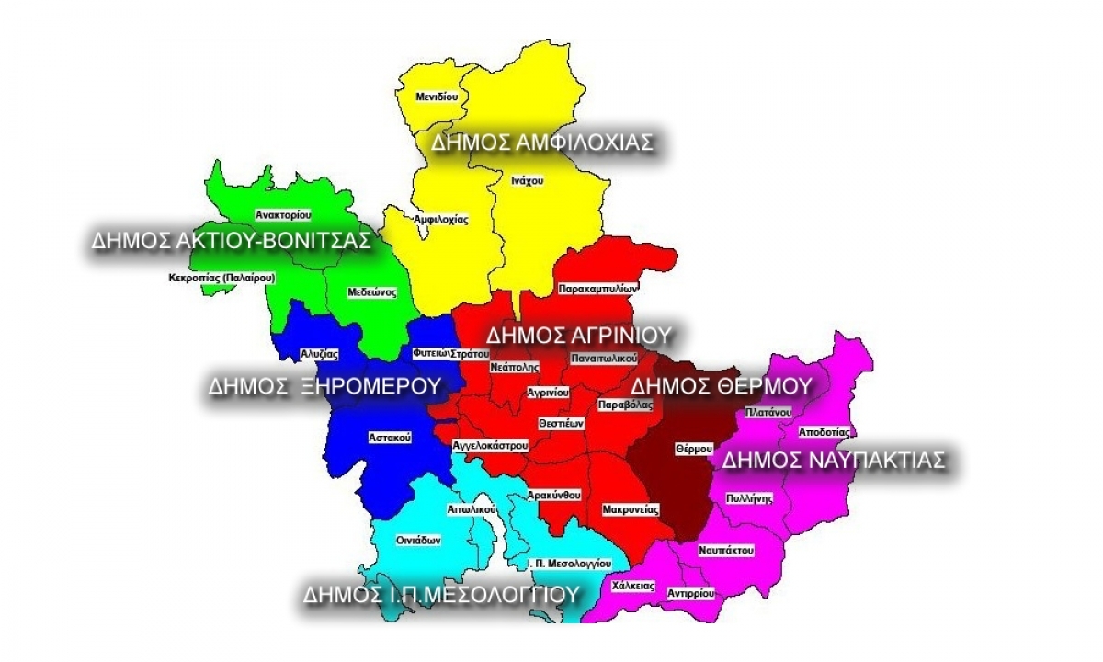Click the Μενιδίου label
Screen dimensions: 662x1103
click(437, 97)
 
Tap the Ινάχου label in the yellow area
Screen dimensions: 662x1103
click(528, 181)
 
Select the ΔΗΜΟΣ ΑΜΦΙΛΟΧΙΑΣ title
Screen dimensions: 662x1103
click(542, 143)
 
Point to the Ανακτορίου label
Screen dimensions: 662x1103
click(283, 214)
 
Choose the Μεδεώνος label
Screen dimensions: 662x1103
click(372, 292)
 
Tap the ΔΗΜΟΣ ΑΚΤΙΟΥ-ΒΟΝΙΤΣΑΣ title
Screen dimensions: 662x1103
click(231, 241)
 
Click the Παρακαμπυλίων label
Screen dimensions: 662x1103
click(597, 289)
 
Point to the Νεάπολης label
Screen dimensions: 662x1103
click(514, 366)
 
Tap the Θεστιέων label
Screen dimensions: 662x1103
click(562, 423)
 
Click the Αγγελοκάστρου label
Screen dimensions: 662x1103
click(490, 445)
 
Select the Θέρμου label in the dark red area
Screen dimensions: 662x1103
click(694, 449)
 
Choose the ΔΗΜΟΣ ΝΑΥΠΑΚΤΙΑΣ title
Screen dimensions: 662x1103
click(833, 460)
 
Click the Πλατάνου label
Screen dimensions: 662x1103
click(768, 412)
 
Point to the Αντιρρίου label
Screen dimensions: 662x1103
click(690, 593)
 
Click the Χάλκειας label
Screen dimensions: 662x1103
click(631, 585)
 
